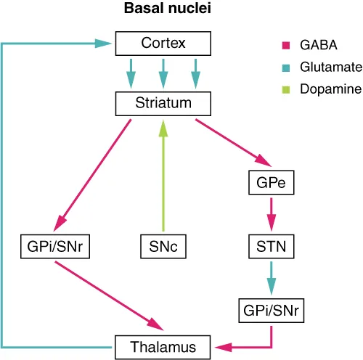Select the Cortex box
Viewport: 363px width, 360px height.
163,44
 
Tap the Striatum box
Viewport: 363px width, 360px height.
163,103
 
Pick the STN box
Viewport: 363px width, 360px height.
271,247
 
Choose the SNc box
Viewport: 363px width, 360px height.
163,247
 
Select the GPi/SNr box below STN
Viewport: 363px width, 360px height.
271,310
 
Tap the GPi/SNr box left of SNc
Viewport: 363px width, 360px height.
54,247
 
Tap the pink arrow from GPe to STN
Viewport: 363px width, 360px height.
271,214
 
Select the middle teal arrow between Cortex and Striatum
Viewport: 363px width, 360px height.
163,73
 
